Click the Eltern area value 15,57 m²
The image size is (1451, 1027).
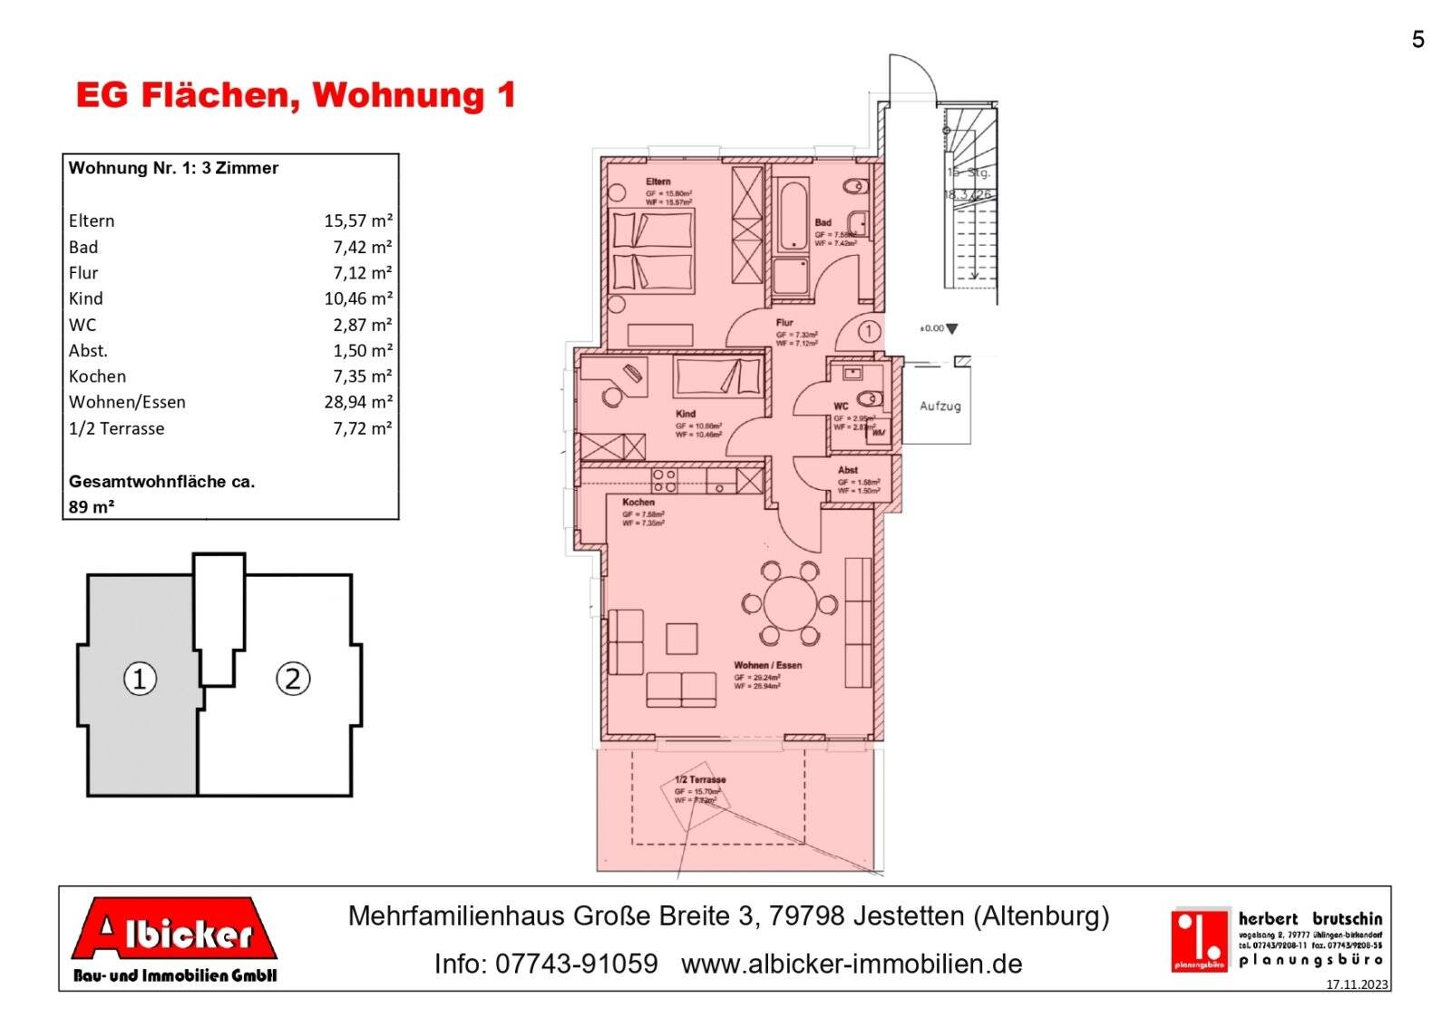[x=357, y=220]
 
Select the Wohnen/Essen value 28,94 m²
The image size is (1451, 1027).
[x=357, y=402]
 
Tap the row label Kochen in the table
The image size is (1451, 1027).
[x=97, y=377]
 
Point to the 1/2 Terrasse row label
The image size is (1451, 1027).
[x=117, y=428]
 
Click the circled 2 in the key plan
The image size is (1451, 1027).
[x=293, y=679]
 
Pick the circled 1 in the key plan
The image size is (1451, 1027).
[x=140, y=679]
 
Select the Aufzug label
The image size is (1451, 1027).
[x=940, y=406]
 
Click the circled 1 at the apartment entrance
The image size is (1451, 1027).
[x=868, y=331]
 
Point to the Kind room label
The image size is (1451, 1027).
[x=686, y=414]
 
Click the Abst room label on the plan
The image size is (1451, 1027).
[x=848, y=470]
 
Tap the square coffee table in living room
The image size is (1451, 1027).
[x=681, y=639]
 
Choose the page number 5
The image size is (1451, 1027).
[x=1417, y=40]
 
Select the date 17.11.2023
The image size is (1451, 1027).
[x=1357, y=984]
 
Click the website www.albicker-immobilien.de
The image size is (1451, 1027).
[x=852, y=963]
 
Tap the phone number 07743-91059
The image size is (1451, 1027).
[x=577, y=963]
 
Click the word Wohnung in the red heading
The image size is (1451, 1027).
[x=400, y=95]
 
